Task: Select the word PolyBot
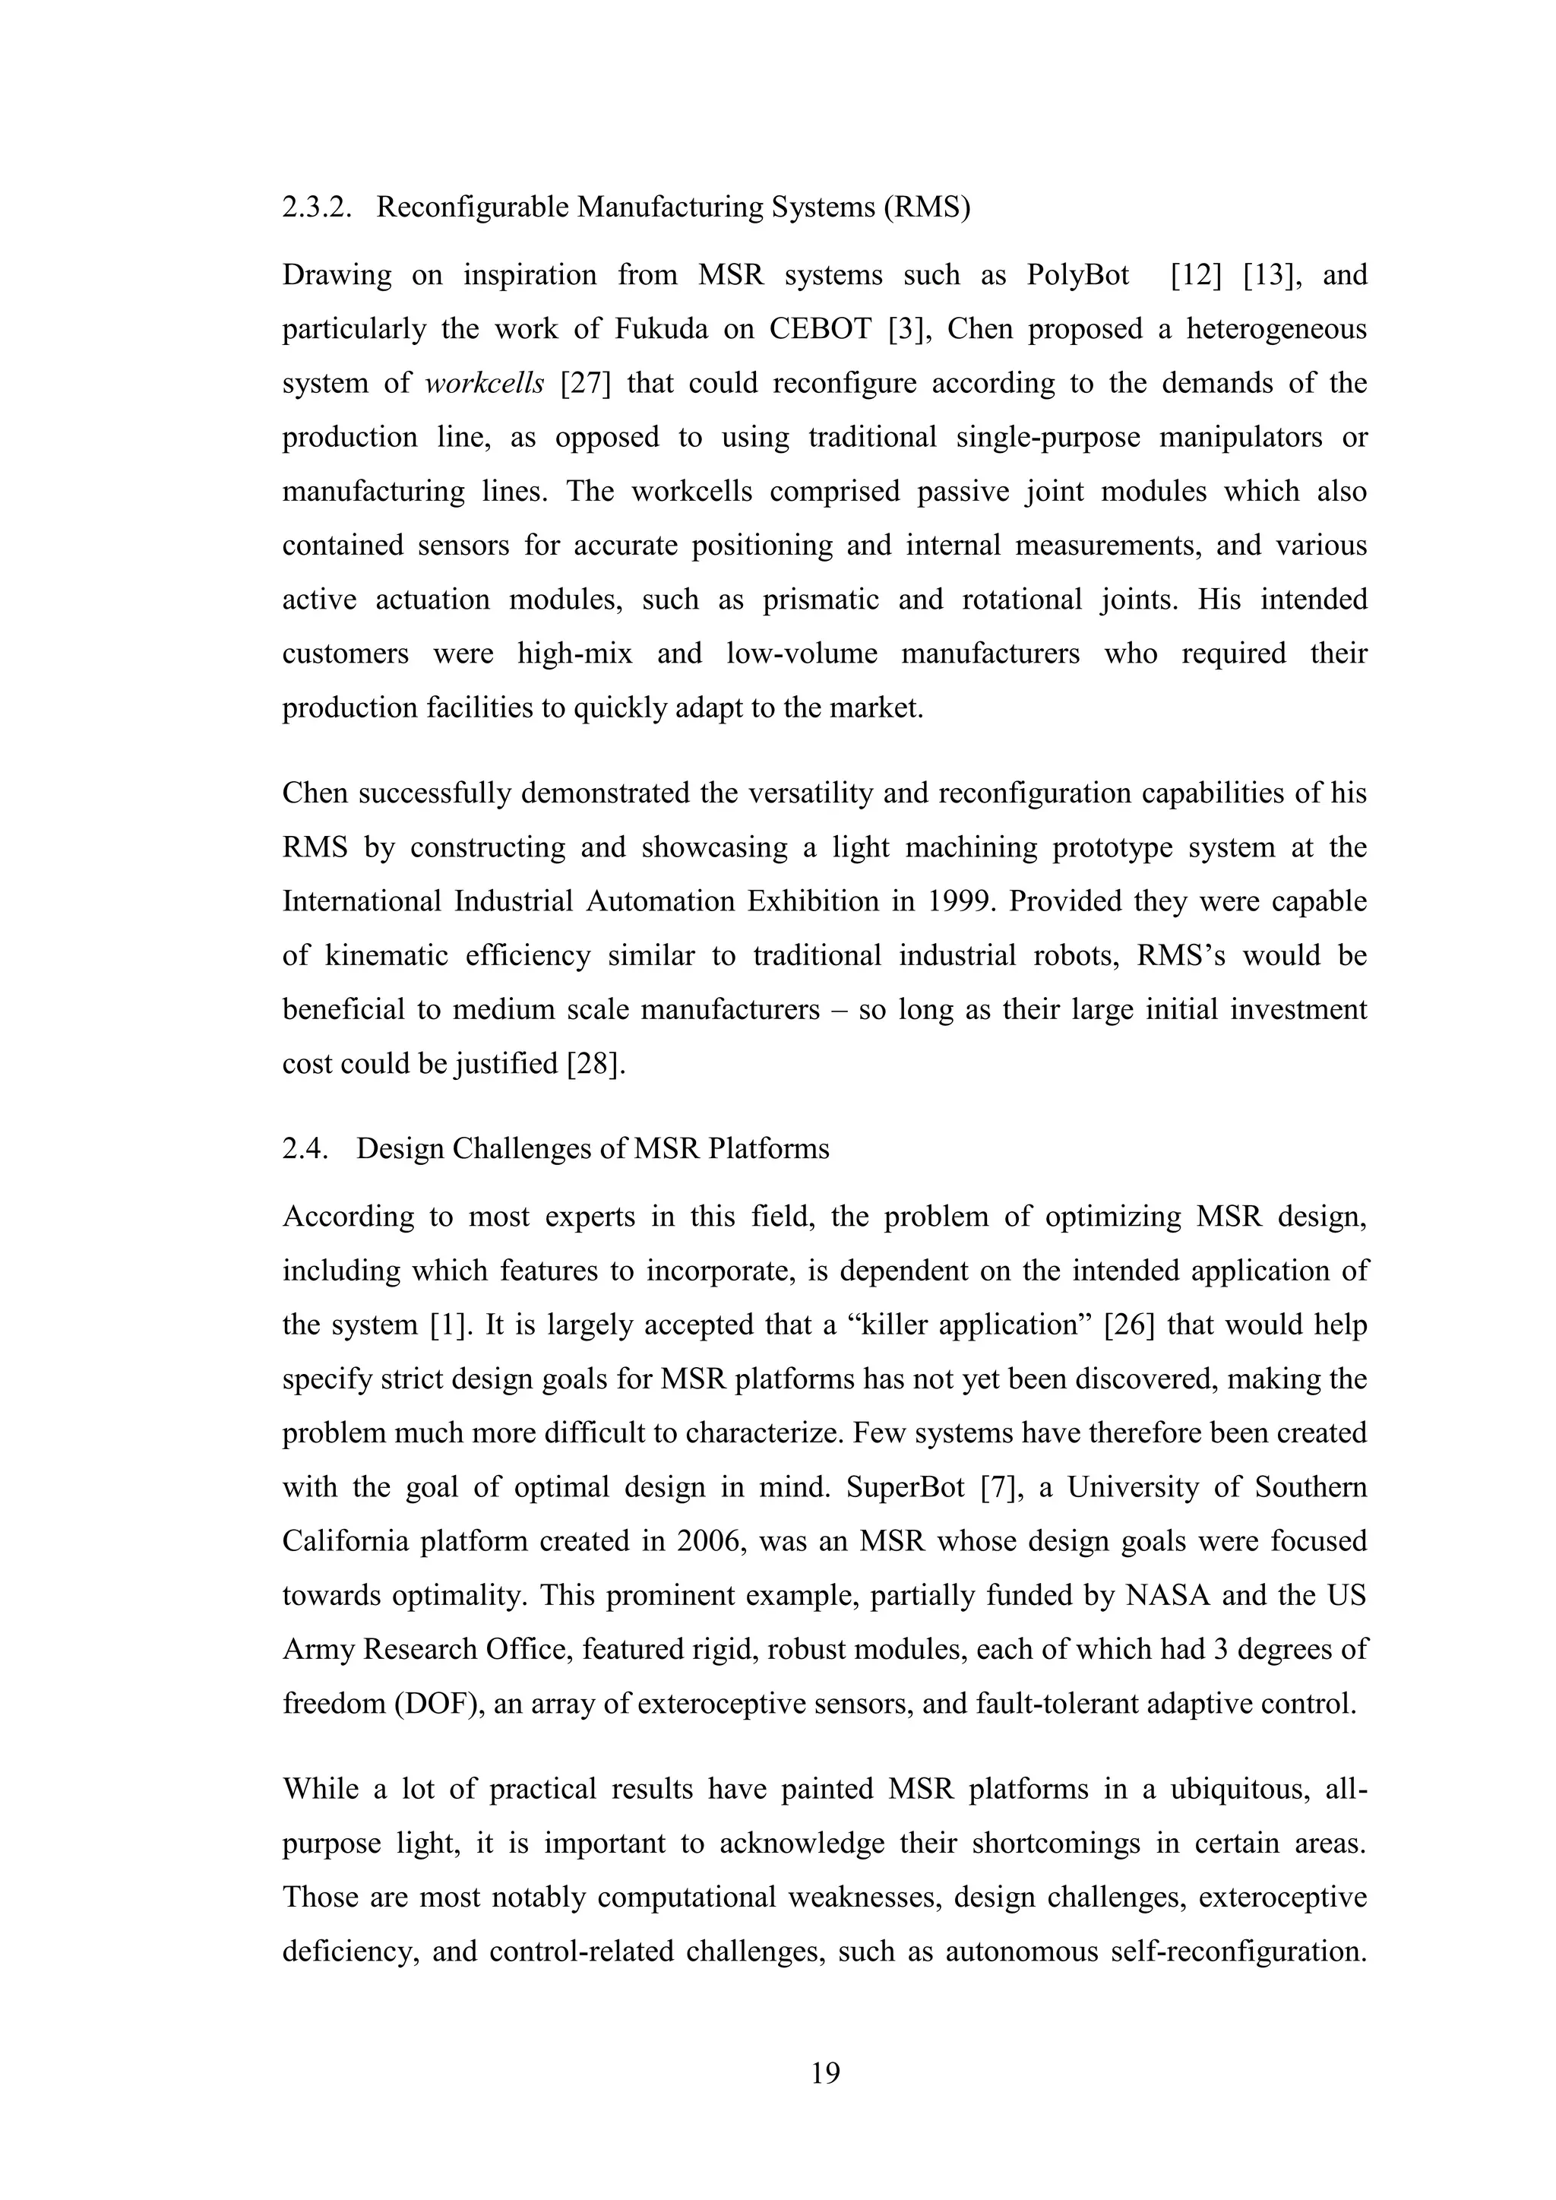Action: coord(1078,276)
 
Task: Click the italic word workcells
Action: coord(485,383)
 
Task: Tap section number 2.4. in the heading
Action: coord(305,1148)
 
